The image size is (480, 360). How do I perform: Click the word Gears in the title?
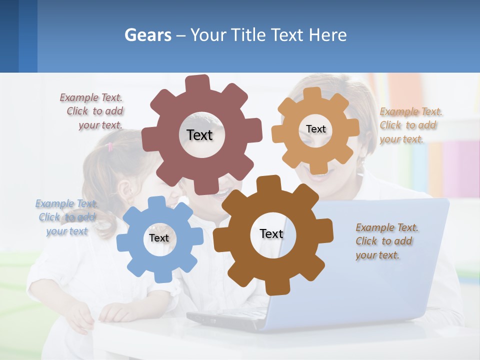point(147,35)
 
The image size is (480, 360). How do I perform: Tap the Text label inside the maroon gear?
point(199,135)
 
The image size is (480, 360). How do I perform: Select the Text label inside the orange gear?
point(315,129)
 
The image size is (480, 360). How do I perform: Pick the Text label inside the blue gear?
point(158,238)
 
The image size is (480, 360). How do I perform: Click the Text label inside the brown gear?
point(271,234)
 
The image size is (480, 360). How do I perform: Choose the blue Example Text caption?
point(66,217)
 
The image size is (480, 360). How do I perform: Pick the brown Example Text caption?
point(386,241)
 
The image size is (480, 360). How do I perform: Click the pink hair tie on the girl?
point(110,146)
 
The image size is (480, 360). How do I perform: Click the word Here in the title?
point(328,35)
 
